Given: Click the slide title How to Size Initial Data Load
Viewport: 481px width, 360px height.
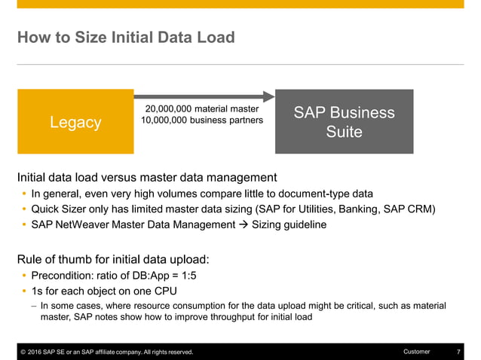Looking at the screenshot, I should tap(126, 37).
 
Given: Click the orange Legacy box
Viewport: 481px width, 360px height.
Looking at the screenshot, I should tap(75, 122).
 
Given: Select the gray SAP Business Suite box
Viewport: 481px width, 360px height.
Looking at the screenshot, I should tap(344, 122).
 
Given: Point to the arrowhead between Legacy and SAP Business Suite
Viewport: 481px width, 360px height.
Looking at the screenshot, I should tap(269, 96).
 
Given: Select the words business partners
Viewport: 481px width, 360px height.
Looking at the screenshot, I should tap(229, 120).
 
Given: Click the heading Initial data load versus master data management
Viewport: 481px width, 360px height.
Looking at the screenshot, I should tap(147, 178).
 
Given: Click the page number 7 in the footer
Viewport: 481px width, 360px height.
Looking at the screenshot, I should tap(459, 352).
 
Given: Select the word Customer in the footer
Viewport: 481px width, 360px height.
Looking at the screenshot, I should tap(417, 352).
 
